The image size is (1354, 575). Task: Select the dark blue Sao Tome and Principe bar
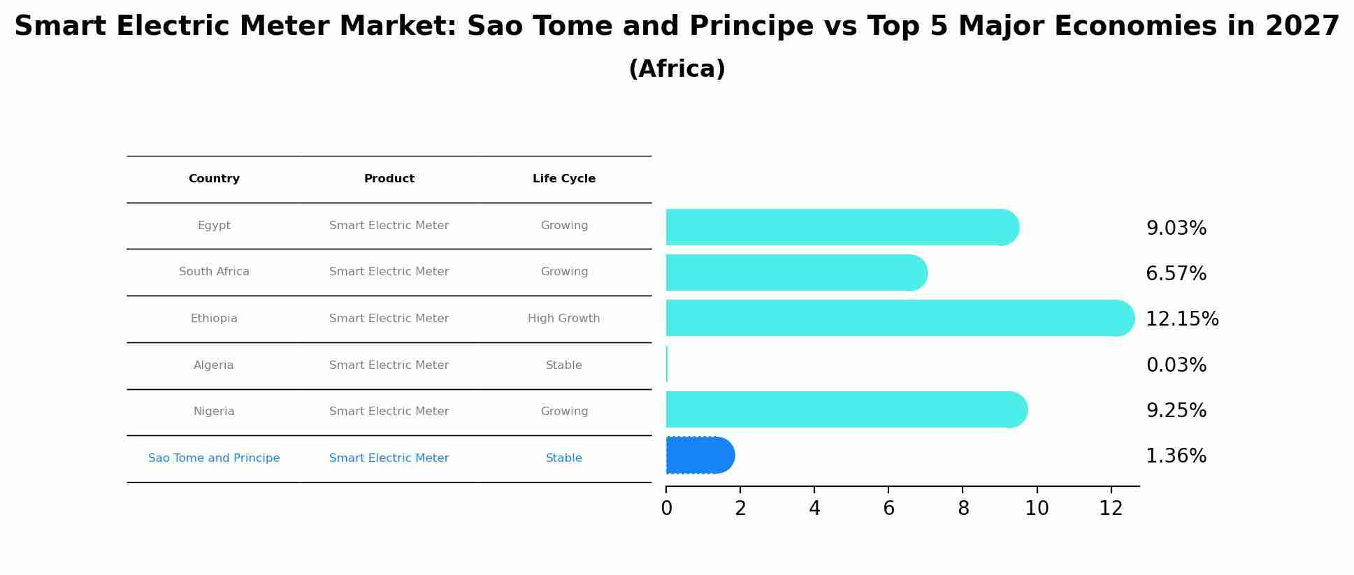699,456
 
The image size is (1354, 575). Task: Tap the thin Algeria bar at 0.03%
667,364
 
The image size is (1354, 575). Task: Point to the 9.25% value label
1176,411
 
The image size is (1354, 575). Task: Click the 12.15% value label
1181,319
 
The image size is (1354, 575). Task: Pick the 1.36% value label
1176,456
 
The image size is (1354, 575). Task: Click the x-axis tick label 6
888,509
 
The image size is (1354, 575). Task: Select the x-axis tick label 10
1037,509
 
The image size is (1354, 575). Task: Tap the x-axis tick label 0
666,509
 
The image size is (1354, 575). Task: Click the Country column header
214,179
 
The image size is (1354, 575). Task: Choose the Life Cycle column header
563,179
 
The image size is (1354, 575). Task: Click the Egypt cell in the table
214,226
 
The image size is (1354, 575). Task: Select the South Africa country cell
214,272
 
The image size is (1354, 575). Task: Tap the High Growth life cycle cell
563,319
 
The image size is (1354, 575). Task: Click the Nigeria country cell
214,412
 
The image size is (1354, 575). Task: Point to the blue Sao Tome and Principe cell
214,458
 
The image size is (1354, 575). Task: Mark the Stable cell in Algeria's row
563,365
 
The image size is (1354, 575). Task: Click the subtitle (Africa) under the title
677,69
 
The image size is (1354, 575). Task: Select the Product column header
389,179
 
